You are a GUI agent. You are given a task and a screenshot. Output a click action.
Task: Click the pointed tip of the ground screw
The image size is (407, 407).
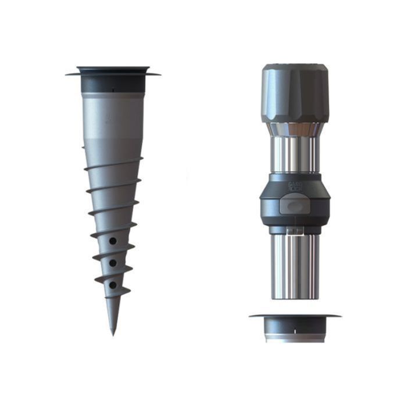click(113, 333)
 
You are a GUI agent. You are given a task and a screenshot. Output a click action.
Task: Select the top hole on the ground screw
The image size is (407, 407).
click(113, 240)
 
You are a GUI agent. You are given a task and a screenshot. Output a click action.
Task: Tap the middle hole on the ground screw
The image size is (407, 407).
click(113, 263)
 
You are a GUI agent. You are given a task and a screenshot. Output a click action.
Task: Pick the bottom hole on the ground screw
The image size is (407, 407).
click(113, 285)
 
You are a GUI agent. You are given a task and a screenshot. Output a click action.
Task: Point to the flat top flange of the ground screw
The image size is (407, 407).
click(113, 72)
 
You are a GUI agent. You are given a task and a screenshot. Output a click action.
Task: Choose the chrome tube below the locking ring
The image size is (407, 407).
click(295, 265)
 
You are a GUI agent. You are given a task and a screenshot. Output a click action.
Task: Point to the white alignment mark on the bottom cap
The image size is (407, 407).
click(295, 331)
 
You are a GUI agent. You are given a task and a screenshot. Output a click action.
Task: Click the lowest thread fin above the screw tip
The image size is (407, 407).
click(116, 292)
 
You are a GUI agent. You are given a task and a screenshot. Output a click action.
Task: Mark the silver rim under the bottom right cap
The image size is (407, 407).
click(295, 339)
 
